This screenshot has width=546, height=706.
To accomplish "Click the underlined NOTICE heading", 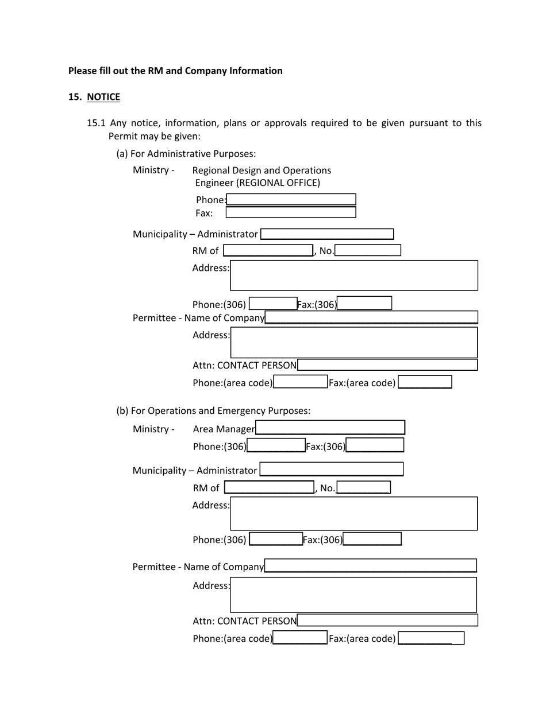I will [x=103, y=97].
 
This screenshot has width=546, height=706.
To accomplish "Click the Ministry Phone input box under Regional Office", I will [x=291, y=200].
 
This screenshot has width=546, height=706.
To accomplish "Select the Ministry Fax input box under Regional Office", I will [x=291, y=212].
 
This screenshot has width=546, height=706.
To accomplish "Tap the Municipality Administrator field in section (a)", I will [x=327, y=234].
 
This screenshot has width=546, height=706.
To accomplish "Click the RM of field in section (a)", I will [x=268, y=250].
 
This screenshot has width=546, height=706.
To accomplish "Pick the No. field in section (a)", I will [x=368, y=250].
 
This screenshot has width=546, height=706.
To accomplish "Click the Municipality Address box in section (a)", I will [x=353, y=276].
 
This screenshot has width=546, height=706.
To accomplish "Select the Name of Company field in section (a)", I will [x=371, y=317].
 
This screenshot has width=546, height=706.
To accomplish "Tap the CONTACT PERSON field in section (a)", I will [x=387, y=365].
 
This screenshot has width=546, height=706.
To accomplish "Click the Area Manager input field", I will [x=330, y=428].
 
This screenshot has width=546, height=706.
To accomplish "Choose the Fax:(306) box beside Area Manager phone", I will [x=375, y=445].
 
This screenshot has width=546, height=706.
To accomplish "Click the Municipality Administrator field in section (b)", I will [x=331, y=470].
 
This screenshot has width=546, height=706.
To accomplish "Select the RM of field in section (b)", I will [x=269, y=487].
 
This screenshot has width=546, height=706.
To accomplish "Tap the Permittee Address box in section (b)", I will [x=353, y=595].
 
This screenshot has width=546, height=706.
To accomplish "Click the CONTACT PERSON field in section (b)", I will [x=387, y=620].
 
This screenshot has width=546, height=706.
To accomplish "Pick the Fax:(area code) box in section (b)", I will [x=430, y=638].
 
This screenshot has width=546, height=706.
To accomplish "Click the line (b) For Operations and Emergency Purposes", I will [x=213, y=411].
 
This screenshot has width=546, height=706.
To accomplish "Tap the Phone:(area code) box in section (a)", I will [x=301, y=382].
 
